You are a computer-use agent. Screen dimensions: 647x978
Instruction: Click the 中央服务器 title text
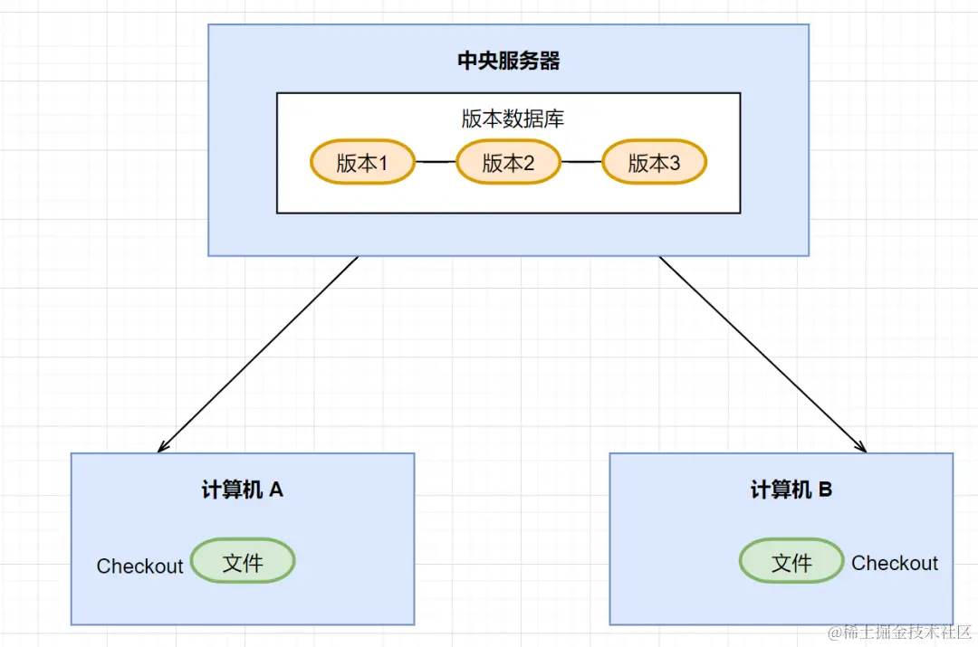(508, 62)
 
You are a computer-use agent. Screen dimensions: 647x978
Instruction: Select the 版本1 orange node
(362, 163)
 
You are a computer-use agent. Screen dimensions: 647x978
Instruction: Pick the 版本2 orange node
(508, 163)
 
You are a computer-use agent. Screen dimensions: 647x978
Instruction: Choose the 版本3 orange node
(654, 163)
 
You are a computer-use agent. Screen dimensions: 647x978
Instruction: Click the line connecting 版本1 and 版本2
(436, 163)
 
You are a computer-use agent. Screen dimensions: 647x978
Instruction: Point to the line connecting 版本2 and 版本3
(581, 163)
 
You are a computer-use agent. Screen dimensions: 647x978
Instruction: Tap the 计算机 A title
(242, 490)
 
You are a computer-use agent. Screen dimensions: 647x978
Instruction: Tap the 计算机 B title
(791, 490)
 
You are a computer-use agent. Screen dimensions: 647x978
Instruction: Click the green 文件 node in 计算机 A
(243, 563)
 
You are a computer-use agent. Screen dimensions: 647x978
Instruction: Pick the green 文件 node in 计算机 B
(791, 563)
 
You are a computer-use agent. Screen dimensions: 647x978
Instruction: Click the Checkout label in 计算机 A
(139, 566)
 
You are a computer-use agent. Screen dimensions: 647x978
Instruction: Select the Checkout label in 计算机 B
(895, 563)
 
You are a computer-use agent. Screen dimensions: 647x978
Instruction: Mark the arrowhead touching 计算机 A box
(162, 447)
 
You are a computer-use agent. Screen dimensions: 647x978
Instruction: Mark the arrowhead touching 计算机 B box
(862, 447)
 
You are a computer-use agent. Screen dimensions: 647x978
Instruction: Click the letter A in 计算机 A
(276, 490)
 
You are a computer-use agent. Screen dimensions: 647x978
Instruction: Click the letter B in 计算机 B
(825, 490)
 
